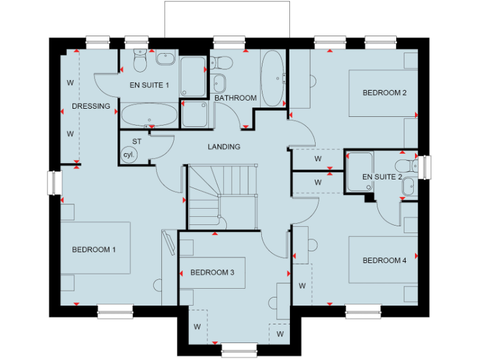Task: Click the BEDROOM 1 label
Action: click(94, 249)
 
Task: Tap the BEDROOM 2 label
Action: click(384, 93)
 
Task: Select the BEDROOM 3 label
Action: click(212, 272)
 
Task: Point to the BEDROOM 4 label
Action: click(384, 260)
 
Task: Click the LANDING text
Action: click(224, 147)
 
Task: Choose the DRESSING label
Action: click(91, 106)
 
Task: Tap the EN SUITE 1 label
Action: click(149, 85)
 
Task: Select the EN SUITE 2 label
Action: click(382, 177)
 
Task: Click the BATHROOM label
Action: click(235, 98)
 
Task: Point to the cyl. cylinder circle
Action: click(129, 154)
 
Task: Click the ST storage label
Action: click(137, 141)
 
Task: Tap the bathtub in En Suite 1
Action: click(149, 116)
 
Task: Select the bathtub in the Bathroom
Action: click(272, 78)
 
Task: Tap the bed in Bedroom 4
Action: click(382, 259)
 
